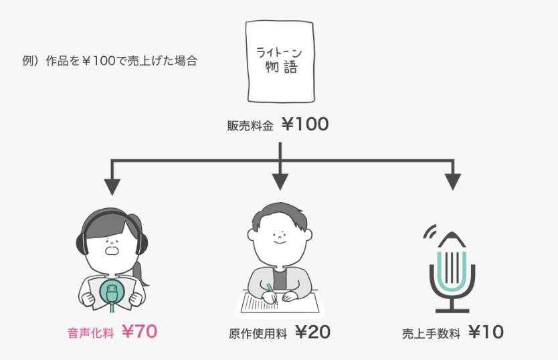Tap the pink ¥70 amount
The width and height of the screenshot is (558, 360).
(139, 331)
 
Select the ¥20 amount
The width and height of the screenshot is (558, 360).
(312, 332)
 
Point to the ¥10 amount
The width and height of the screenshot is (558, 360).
(486, 332)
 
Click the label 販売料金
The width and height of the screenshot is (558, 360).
(250, 125)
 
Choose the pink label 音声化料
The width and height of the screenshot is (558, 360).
(90, 333)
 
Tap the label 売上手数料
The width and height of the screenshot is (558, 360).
(431, 333)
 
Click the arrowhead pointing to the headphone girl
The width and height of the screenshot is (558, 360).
(112, 181)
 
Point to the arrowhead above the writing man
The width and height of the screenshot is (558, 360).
(280, 181)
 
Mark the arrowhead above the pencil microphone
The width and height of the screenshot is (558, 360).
(453, 181)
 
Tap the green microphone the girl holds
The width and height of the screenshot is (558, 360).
(112, 292)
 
